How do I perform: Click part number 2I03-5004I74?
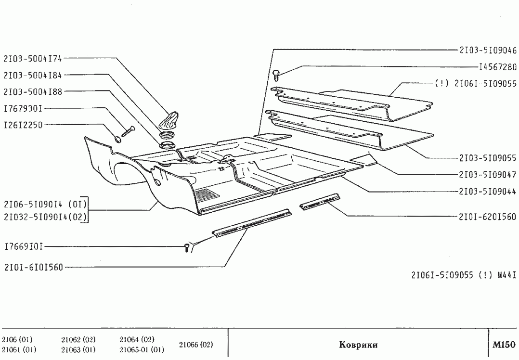tap(33, 59)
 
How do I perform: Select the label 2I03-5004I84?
tap(33, 75)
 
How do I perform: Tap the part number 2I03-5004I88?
tap(33, 91)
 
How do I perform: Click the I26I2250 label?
tap(23, 125)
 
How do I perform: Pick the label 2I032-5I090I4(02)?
tap(45, 217)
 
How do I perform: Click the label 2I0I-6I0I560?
tap(33, 267)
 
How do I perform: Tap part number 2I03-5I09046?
tap(488, 50)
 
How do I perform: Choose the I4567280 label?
tap(497, 66)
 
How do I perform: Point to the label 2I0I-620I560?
tap(488, 217)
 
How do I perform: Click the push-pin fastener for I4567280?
tap(276, 74)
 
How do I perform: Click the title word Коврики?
tap(358, 345)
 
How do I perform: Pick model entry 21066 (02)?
tap(195, 345)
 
